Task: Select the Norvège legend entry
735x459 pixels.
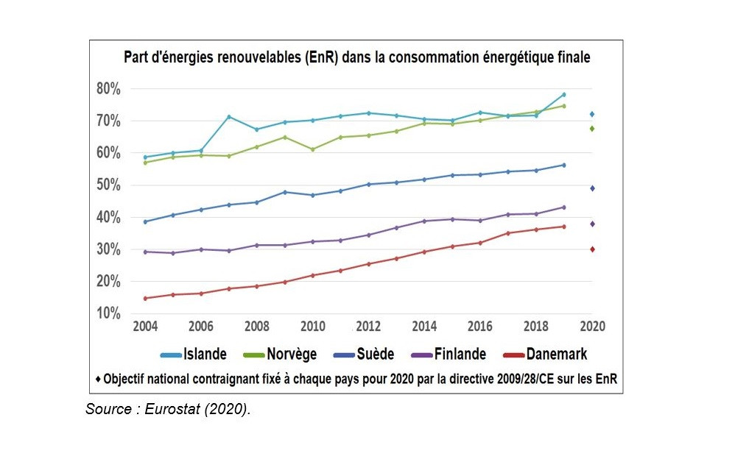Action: pyautogui.click(x=279, y=355)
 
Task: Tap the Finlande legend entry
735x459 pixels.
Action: pyautogui.click(x=449, y=355)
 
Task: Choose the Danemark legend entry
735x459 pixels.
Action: pyautogui.click(x=545, y=355)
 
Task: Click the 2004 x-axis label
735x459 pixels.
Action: pyautogui.click(x=145, y=327)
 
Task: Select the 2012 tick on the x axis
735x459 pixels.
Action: pyautogui.click(x=368, y=327)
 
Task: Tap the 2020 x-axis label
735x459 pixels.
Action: pyautogui.click(x=591, y=327)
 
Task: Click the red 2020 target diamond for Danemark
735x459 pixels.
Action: pyautogui.click(x=591, y=249)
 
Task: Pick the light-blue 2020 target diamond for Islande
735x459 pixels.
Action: pyautogui.click(x=591, y=114)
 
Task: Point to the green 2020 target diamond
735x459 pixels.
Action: pyautogui.click(x=591, y=129)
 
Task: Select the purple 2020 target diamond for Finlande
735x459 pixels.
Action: pyautogui.click(x=591, y=224)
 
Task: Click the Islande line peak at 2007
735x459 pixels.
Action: pyautogui.click(x=229, y=117)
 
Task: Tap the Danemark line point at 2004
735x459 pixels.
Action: pyautogui.click(x=145, y=298)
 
